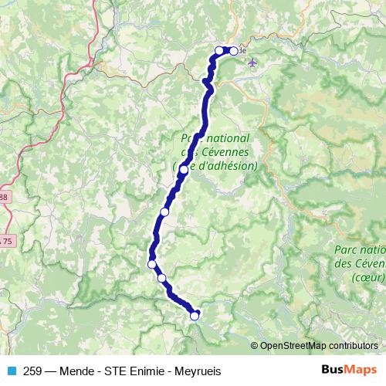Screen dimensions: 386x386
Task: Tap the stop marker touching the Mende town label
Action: click(233, 51)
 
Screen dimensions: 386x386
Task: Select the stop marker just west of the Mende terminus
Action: click(219, 51)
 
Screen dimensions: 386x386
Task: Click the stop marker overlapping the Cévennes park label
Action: click(183, 169)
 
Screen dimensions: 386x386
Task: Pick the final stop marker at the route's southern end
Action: click(195, 314)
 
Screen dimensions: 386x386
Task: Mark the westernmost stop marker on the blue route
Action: click(152, 264)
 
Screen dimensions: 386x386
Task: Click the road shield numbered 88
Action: click(3, 198)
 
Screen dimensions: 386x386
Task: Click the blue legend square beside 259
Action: click(10, 371)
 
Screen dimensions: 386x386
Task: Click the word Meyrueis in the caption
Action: click(198, 371)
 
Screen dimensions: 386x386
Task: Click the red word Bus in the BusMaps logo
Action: click(333, 370)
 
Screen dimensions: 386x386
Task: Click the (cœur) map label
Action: click(367, 276)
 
